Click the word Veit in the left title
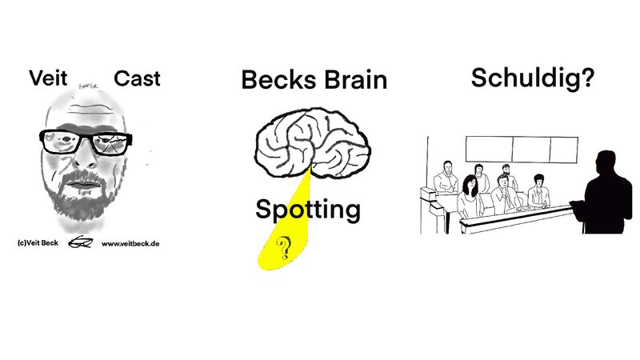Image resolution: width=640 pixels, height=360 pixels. [x=48, y=78]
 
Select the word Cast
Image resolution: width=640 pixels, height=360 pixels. [x=137, y=78]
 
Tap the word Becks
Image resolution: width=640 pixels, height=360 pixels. [x=278, y=79]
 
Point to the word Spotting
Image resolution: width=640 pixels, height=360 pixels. [x=308, y=210]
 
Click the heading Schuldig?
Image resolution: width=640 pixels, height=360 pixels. [x=533, y=78]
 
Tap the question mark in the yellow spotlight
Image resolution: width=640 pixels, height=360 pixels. [x=284, y=248]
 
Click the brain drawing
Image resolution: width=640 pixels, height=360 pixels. [x=313, y=143]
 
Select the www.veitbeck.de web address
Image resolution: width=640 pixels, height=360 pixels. [x=130, y=244]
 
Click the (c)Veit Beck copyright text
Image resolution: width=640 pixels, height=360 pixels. [x=38, y=243]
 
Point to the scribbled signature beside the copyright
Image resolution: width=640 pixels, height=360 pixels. [x=81, y=242]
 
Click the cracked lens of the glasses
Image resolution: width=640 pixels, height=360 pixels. [x=110, y=144]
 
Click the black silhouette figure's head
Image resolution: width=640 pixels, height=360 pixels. [x=606, y=162]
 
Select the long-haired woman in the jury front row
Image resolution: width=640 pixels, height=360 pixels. [x=470, y=196]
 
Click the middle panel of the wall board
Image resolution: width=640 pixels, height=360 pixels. [x=531, y=150]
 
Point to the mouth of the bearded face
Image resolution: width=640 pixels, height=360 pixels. [x=84, y=185]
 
